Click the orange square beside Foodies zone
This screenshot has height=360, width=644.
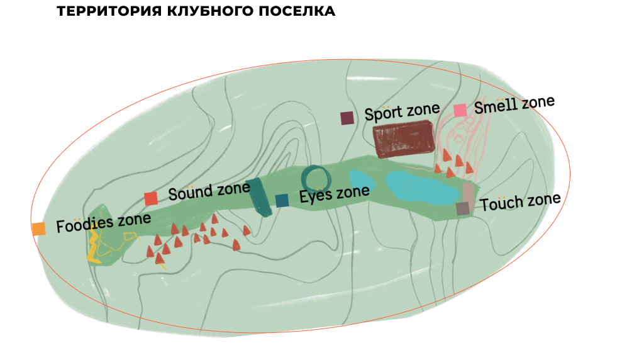click(38, 228)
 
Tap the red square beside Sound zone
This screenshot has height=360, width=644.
click(151, 199)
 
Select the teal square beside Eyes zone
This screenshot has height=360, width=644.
click(282, 201)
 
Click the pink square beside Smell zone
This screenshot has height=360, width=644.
click(460, 110)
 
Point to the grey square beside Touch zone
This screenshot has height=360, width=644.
click(463, 208)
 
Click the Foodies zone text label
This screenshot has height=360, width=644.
click(104, 223)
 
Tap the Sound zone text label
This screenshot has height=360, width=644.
click(201, 191)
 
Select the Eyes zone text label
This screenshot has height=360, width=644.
click(334, 194)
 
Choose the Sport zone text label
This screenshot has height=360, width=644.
click(402, 113)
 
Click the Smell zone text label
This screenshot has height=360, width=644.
click(514, 104)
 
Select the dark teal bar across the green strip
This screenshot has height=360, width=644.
click(258, 197)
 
